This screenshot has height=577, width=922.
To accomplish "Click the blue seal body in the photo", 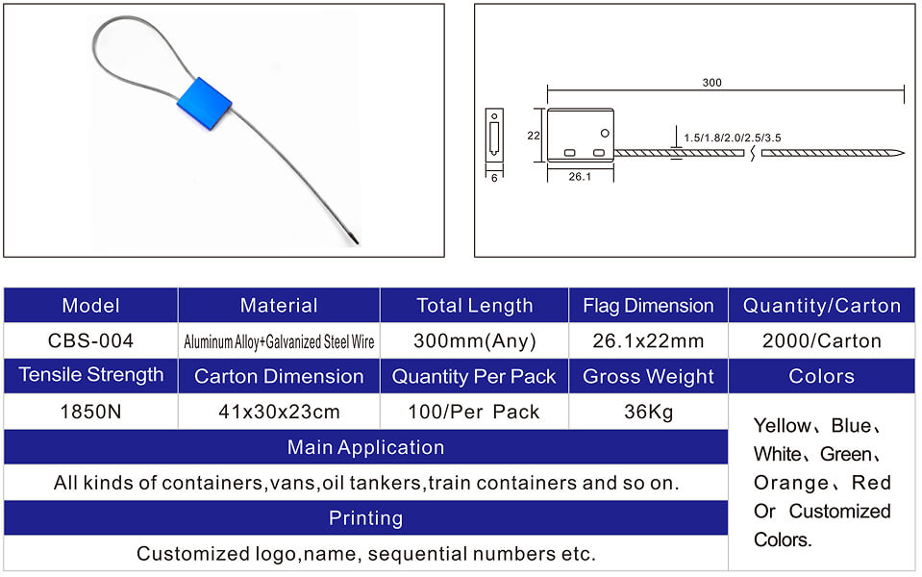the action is pos(204,104).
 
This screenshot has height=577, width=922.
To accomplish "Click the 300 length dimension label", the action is pos(711,83).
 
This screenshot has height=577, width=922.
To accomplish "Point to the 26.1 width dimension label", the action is pos(580,176).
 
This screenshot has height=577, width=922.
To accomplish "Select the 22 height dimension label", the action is pos(534,136).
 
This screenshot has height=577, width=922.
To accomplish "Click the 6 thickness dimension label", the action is pos(494,178).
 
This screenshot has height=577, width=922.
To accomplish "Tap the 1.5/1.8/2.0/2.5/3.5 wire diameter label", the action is pos(732,138).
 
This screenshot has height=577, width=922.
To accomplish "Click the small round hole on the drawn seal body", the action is pos(605,134).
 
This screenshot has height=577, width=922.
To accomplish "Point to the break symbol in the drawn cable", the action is pos(753,153).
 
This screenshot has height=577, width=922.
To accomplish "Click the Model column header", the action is pos(90,306).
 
